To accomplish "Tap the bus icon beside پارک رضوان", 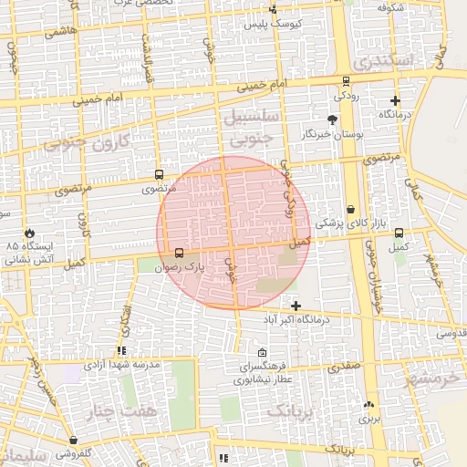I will point(178,253).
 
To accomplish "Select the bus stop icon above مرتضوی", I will point(160,174).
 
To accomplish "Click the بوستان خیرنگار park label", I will point(335,134).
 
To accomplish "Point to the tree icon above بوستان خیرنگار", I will point(332,119).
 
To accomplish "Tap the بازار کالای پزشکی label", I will point(350,223).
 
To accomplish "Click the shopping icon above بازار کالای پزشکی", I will point(351,210).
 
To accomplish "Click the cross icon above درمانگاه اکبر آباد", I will point(296,305).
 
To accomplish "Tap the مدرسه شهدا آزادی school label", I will point(121,364).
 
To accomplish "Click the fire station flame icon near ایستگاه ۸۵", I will point(30,233).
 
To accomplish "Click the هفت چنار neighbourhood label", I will point(131,411).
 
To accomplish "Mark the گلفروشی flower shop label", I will point(74,453).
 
